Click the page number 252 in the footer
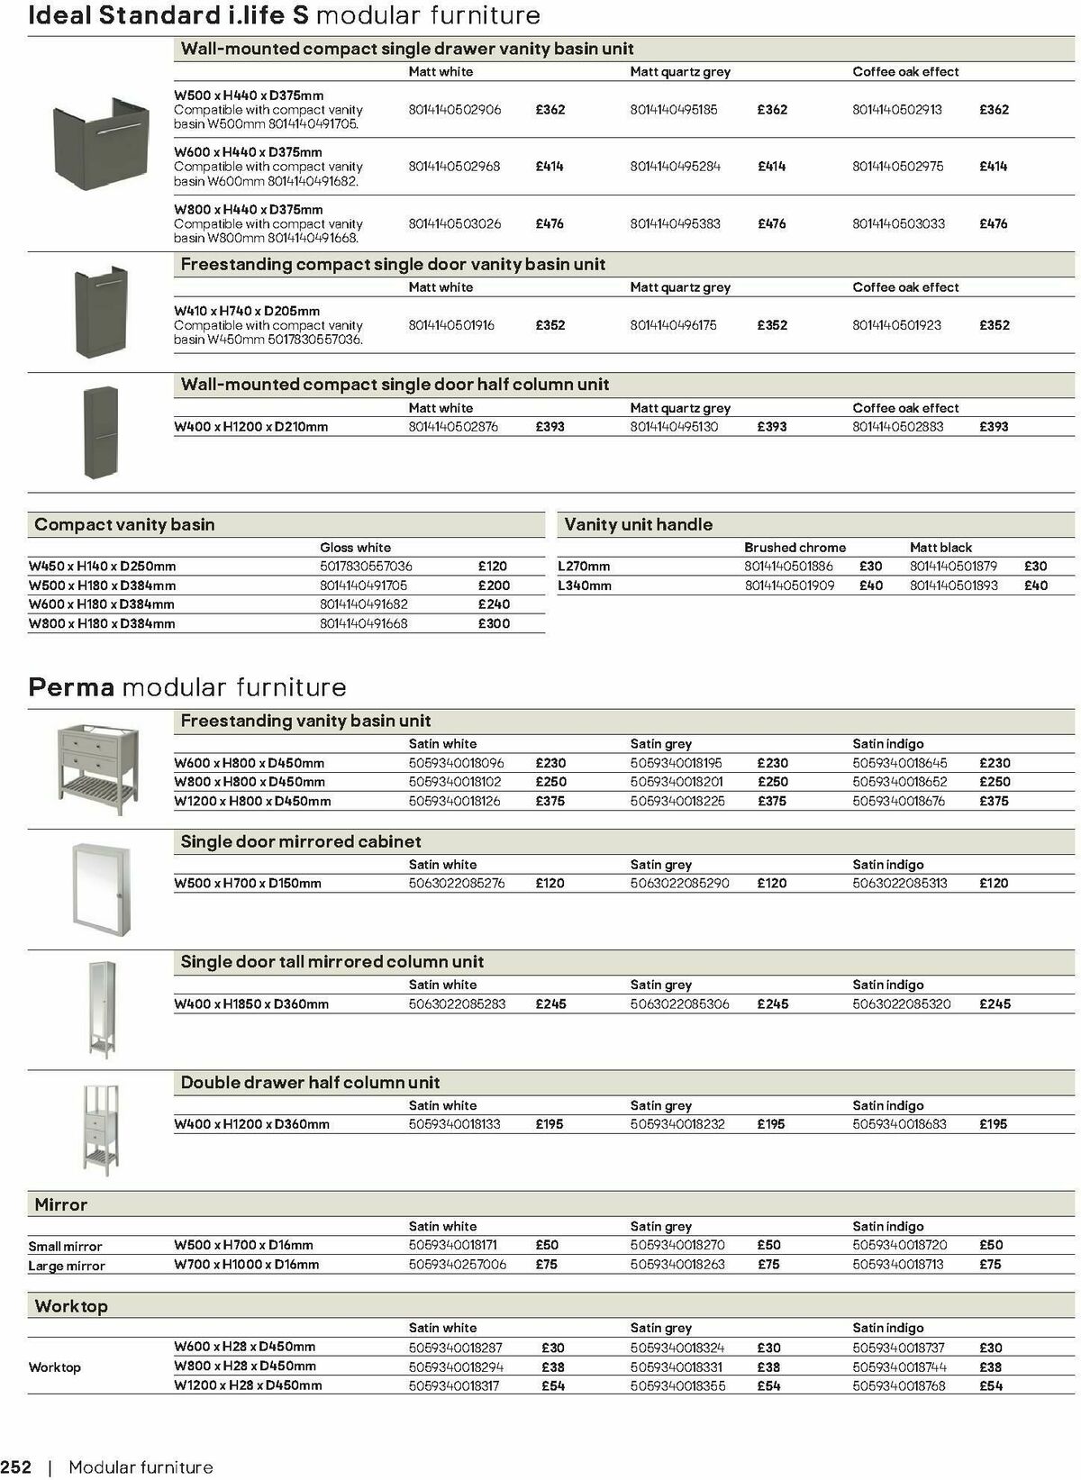click(x=16, y=1467)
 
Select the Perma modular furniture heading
click(x=187, y=687)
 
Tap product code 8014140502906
click(x=455, y=110)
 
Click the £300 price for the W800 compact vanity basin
click(x=494, y=623)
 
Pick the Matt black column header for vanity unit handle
click(x=940, y=548)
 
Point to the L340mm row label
click(x=585, y=586)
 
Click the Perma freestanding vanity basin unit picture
click(x=97, y=767)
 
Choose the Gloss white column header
click(x=355, y=548)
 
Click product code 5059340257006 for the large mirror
click(x=458, y=1265)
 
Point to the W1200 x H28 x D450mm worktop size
click(x=248, y=1385)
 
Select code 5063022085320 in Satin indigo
click(x=902, y=1003)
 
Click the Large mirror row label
click(x=67, y=1266)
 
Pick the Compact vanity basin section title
click(x=124, y=524)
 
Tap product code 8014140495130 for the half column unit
click(x=675, y=427)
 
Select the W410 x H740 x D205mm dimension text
click(x=247, y=311)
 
